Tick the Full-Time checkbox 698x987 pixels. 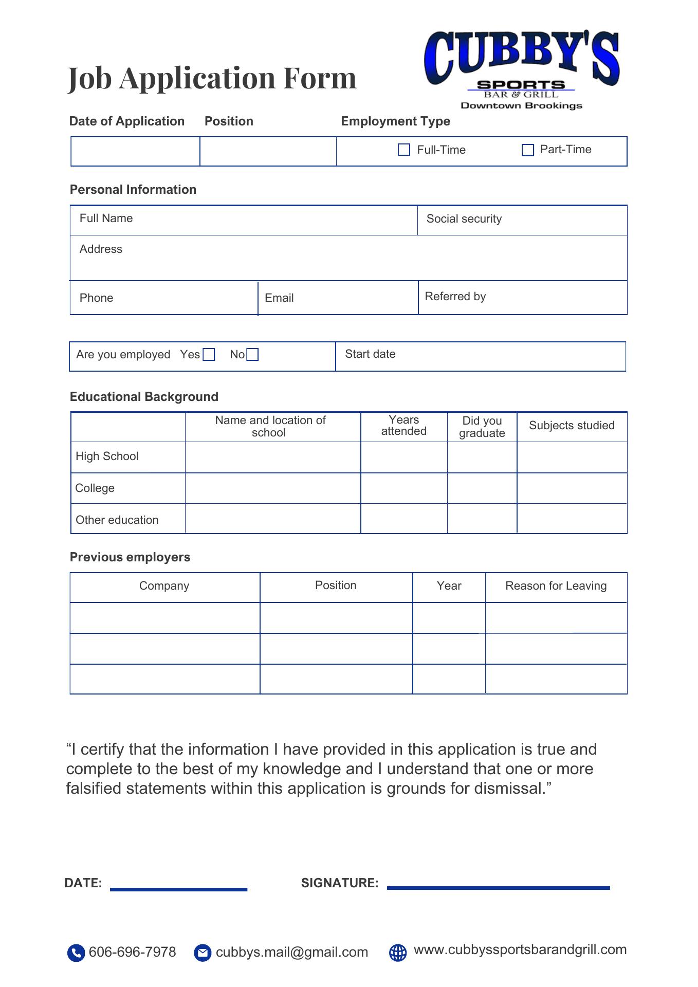pyautogui.click(x=404, y=150)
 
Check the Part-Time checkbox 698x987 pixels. pyautogui.click(x=528, y=150)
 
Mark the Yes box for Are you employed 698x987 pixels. pyautogui.click(x=209, y=355)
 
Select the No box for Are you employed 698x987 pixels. pyautogui.click(x=252, y=355)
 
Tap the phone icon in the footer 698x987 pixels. pyautogui.click(x=76, y=953)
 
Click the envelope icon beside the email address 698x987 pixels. pyautogui.click(x=203, y=953)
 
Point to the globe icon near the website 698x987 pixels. pyautogui.click(x=398, y=953)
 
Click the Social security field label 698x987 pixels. pyautogui.click(x=464, y=219)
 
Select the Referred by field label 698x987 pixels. pyautogui.click(x=455, y=297)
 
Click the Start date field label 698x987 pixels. pyautogui.click(x=370, y=354)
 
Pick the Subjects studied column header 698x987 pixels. pyautogui.click(x=572, y=426)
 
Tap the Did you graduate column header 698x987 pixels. pyautogui.click(x=482, y=427)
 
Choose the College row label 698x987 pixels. pyautogui.click(x=95, y=488)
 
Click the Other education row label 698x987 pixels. pyautogui.click(x=117, y=520)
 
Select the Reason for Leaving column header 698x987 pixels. pyautogui.click(x=556, y=586)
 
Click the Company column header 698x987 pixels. pyautogui.click(x=164, y=586)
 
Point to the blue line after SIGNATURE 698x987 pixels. pyautogui.click(x=498, y=888)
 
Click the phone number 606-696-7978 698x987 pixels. pyautogui.click(x=133, y=952)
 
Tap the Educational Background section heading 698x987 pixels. pyautogui.click(x=144, y=397)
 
